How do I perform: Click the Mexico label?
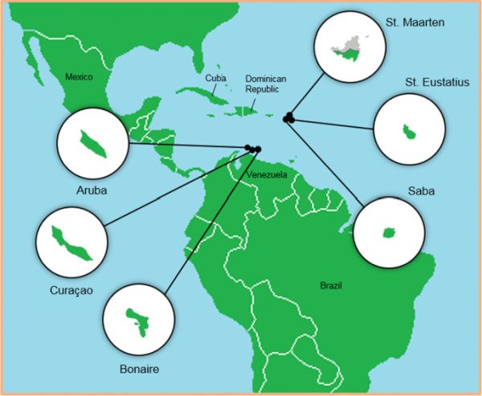80,77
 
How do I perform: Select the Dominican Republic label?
266,84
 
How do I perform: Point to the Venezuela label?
268,174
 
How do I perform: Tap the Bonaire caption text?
137,369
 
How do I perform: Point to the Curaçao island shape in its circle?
71,243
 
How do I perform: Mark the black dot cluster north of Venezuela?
253,149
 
